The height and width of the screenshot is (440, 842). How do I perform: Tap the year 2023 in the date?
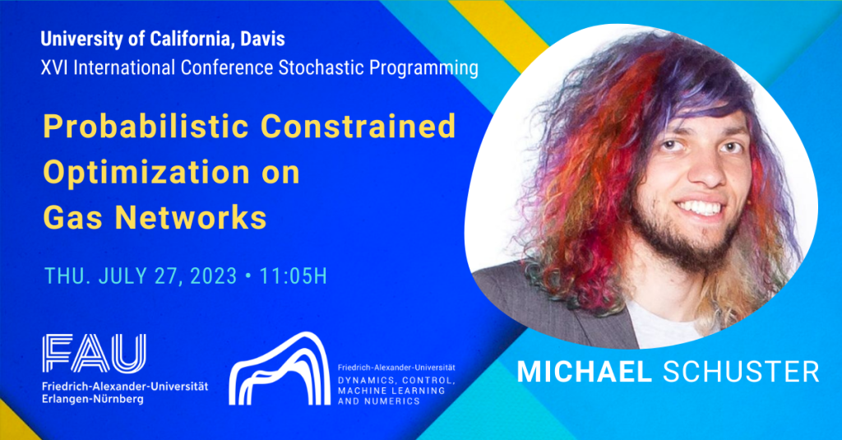coord(212,276)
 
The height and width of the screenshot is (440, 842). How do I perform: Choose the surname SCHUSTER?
coord(741,371)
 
